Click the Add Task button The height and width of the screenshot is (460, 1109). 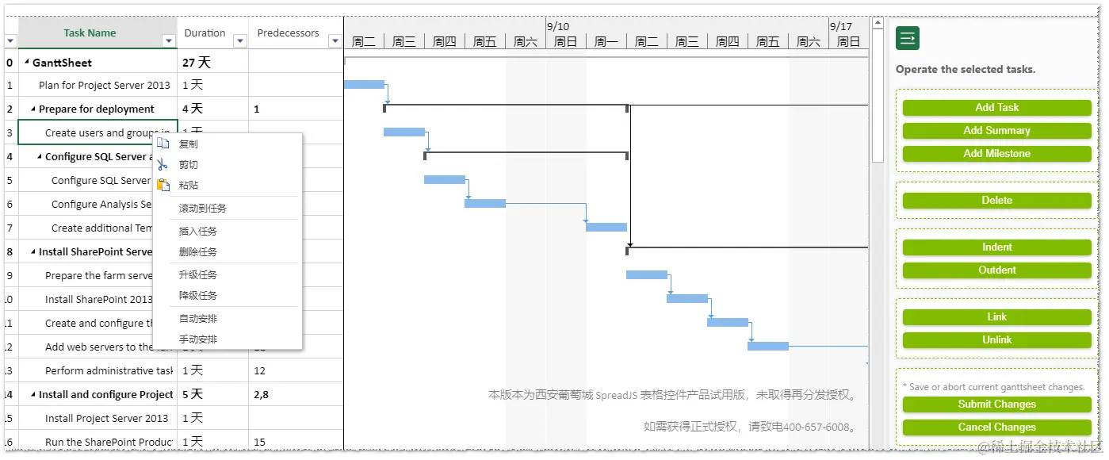pos(996,108)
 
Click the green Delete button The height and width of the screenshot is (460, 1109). pos(996,201)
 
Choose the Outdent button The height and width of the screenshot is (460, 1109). pos(996,270)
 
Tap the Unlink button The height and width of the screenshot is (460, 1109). pos(996,340)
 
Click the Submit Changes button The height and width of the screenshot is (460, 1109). pos(996,404)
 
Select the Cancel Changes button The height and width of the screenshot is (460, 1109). pos(996,427)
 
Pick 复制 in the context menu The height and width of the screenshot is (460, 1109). pos(189,144)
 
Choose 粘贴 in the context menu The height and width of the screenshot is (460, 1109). pos(189,186)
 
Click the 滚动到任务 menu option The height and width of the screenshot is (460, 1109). pos(203,209)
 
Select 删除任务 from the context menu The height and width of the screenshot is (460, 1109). pos(198,252)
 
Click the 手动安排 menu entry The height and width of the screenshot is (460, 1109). pos(198,339)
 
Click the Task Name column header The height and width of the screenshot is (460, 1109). pos(90,33)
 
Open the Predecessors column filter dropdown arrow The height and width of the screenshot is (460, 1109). pos(335,41)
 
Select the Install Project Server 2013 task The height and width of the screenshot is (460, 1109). pos(106,418)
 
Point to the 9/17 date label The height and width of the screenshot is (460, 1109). pos(841,26)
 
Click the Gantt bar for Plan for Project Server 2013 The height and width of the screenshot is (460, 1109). pos(364,85)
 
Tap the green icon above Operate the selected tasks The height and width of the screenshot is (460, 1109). pos(908,38)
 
